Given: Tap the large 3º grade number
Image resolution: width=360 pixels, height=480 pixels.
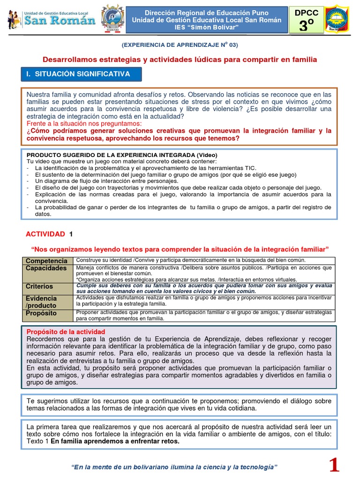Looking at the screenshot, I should click(306, 26).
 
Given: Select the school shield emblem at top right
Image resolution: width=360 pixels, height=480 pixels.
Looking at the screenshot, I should click(337, 20).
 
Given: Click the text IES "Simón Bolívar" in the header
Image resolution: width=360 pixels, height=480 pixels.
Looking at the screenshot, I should click(207, 28).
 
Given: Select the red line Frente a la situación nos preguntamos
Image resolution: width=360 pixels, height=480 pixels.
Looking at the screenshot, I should click(84, 123).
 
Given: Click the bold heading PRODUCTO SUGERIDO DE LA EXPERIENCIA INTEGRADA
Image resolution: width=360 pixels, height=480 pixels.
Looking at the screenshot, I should click(122, 155).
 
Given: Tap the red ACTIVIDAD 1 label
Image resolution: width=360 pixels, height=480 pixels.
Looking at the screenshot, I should click(49, 234).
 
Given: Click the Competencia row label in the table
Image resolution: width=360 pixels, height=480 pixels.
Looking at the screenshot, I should click(46, 261).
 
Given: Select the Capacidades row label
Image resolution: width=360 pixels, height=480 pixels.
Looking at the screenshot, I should click(46, 268).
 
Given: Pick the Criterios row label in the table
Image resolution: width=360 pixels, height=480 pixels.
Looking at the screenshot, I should click(39, 286).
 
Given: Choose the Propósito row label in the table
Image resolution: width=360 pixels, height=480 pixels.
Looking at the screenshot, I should click(41, 313).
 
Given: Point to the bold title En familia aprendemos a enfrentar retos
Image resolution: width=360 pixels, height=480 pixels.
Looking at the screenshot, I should click(115, 441).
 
